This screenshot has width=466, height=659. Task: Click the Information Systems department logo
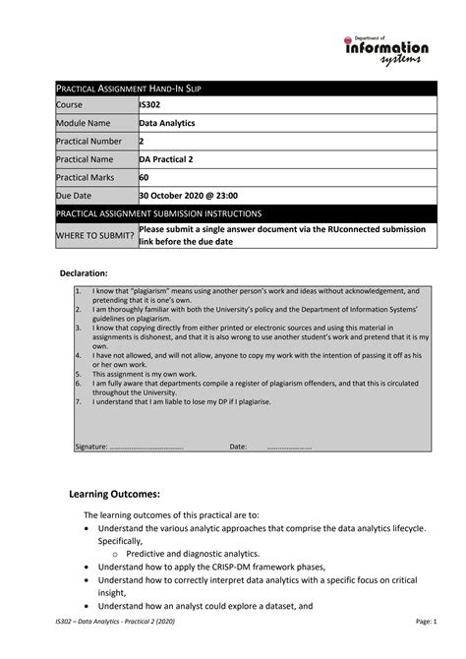[x=385, y=49]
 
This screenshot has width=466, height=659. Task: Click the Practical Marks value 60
[x=145, y=177]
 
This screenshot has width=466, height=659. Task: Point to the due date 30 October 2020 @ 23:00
[x=189, y=196]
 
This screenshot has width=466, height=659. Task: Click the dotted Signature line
[x=146, y=447]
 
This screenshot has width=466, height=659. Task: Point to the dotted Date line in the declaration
[x=289, y=447]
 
